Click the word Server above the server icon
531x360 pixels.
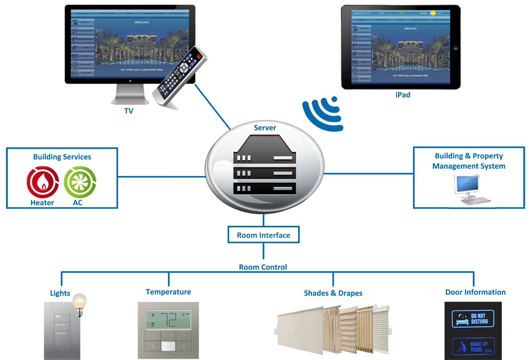pyautogui.click(x=265, y=128)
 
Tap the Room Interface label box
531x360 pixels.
pyautogui.click(x=264, y=235)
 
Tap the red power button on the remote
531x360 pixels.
pyautogui.click(x=199, y=57)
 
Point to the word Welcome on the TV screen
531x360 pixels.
pyautogui.click(x=142, y=22)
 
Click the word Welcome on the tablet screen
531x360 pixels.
pyautogui.click(x=410, y=28)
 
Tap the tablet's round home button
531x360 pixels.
pyautogui.click(x=456, y=48)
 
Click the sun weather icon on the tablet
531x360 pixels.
pyautogui.click(x=433, y=13)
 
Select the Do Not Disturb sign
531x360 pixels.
pyautogui.click(x=473, y=319)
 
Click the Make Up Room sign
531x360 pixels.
pyautogui.click(x=473, y=347)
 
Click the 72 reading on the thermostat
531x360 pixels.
pyautogui.click(x=169, y=319)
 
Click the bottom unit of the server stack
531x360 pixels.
pyautogui.click(x=265, y=188)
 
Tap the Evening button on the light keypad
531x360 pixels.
pyautogui.click(x=60, y=325)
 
